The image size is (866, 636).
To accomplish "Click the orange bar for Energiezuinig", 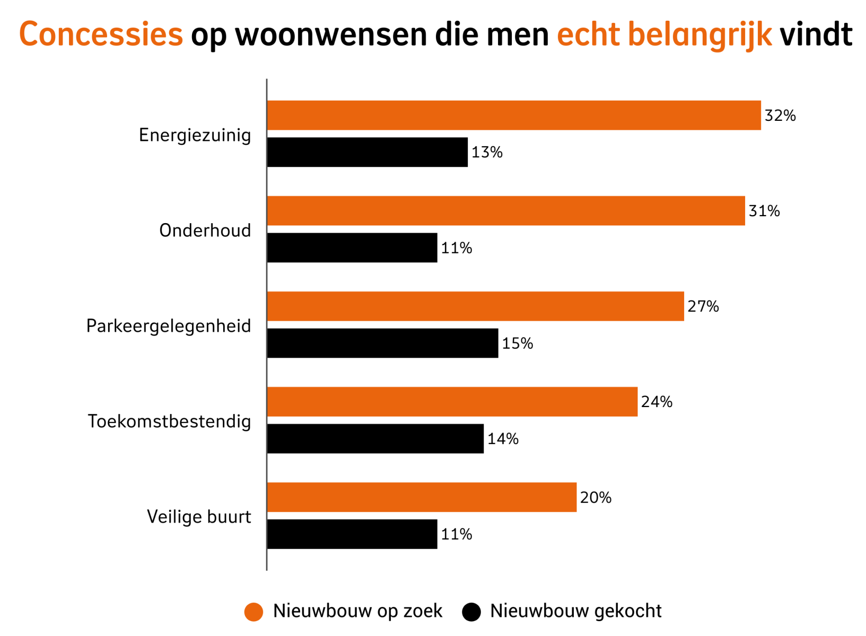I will [513, 115].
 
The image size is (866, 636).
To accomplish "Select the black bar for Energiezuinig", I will [367, 152].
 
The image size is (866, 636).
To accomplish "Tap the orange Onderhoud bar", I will [505, 210].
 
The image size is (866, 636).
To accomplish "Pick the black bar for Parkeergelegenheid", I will [382, 343].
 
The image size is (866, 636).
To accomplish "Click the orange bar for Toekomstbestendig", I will [452, 401].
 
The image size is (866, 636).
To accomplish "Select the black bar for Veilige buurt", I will [352, 534].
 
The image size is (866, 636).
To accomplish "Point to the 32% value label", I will [780, 116].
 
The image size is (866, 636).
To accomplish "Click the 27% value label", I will [703, 306].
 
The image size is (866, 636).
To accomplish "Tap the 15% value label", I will [517, 343].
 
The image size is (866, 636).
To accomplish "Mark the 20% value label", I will [596, 497].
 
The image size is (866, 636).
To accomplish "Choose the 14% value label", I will [502, 439].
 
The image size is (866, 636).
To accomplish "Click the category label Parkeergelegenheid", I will [168, 326].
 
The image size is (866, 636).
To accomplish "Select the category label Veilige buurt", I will [198, 517].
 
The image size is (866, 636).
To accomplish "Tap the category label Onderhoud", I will [205, 231].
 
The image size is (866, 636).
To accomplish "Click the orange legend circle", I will [253, 612].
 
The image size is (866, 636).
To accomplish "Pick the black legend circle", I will [471, 612].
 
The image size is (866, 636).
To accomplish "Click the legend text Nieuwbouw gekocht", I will [575, 611].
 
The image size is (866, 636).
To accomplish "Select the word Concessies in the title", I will [101, 34].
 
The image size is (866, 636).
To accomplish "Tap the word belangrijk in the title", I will [699, 34].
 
